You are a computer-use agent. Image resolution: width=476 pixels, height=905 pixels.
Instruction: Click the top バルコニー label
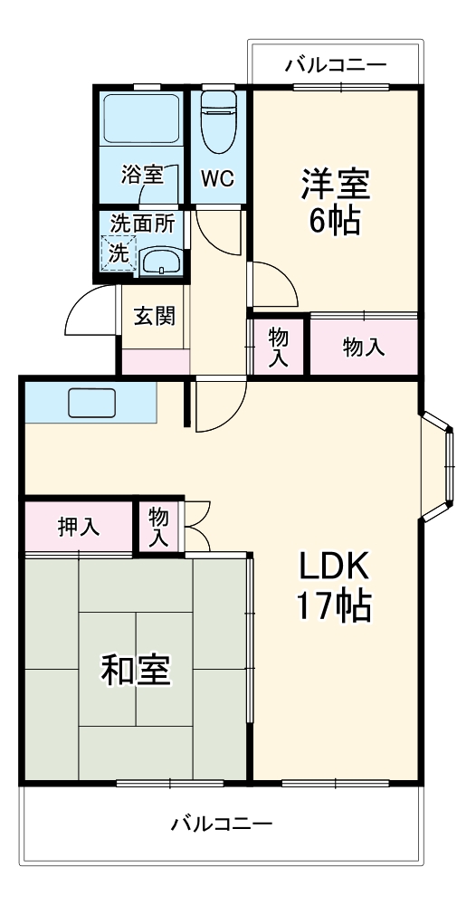point(336,65)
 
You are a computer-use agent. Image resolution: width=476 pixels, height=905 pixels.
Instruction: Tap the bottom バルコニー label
point(222,824)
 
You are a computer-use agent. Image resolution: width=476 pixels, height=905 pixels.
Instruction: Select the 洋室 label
point(336,185)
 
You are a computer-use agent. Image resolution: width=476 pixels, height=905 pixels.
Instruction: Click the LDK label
point(335,567)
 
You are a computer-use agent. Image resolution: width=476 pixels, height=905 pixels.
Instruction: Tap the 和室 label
point(136,671)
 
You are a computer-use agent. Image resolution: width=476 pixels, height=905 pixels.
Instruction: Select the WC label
point(217,178)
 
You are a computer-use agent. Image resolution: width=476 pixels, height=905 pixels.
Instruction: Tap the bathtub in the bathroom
point(141,122)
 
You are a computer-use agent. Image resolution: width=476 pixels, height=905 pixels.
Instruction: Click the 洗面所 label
point(142,223)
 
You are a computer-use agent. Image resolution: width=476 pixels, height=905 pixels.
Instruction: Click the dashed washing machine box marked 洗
point(119,252)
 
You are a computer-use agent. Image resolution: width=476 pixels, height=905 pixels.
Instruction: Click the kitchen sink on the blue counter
point(91,403)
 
